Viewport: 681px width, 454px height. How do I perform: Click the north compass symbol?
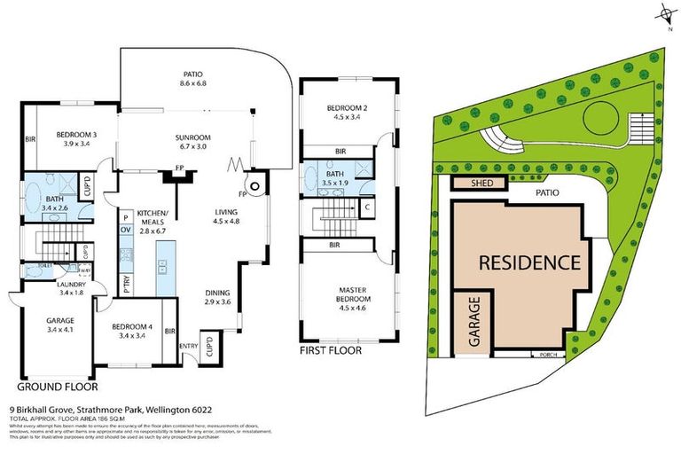664,12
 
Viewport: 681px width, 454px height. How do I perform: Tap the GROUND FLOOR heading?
57,387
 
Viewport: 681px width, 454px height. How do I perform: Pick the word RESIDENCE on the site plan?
529,262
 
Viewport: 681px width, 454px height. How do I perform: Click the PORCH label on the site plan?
547,355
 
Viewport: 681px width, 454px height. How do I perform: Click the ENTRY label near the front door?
189,347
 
